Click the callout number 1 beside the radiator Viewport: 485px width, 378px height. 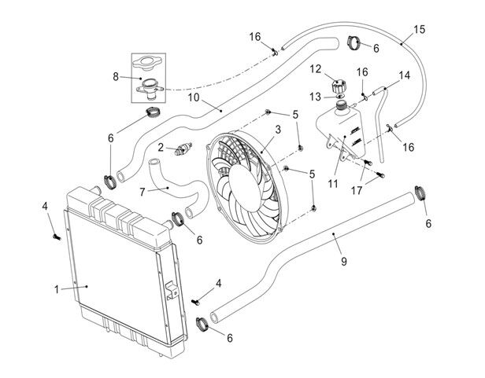point(57,290)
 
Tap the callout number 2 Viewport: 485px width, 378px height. point(161,147)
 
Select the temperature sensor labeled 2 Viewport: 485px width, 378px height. point(183,149)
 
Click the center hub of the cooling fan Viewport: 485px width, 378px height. point(244,188)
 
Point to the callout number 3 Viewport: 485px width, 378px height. point(278,130)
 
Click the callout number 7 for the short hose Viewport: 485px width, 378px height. point(142,192)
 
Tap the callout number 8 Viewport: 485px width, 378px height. point(116,76)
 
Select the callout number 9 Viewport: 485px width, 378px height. point(344,262)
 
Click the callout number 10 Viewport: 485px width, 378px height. point(194,97)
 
